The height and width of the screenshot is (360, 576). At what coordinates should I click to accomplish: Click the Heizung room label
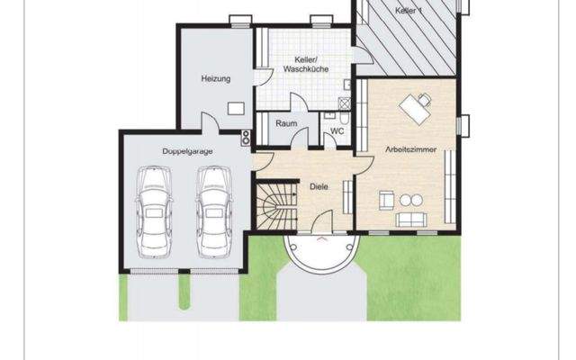click(215, 79)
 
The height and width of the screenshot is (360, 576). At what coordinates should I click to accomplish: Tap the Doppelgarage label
click(188, 151)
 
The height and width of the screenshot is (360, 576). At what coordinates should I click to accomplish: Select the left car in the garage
click(151, 211)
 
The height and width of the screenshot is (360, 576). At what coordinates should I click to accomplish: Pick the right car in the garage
click(212, 211)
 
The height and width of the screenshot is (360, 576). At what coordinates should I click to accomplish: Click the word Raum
click(286, 123)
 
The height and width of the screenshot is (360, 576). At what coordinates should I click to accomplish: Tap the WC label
click(337, 130)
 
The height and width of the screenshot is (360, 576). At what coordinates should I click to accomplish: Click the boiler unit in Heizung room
click(236, 108)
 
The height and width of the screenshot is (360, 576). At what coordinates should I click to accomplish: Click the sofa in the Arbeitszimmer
click(413, 219)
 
